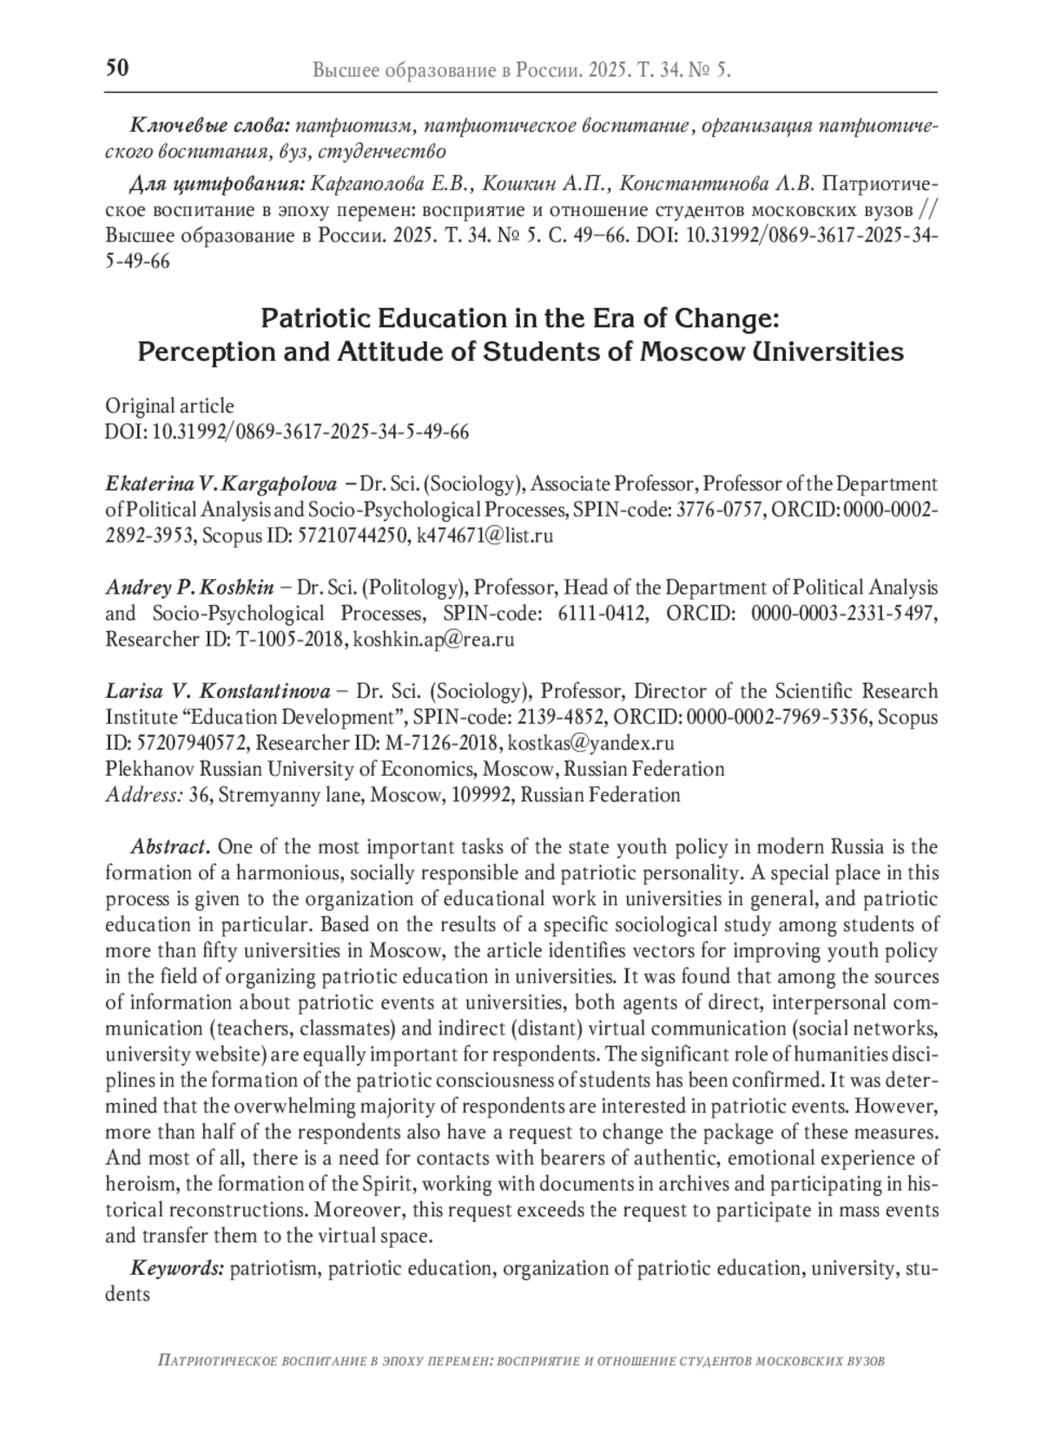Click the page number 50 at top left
coord(117,68)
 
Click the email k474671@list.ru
coord(485,536)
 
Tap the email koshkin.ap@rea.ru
coord(434,640)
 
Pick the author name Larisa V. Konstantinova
coord(218,692)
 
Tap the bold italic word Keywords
coord(177,1268)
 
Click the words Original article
coord(169,406)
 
